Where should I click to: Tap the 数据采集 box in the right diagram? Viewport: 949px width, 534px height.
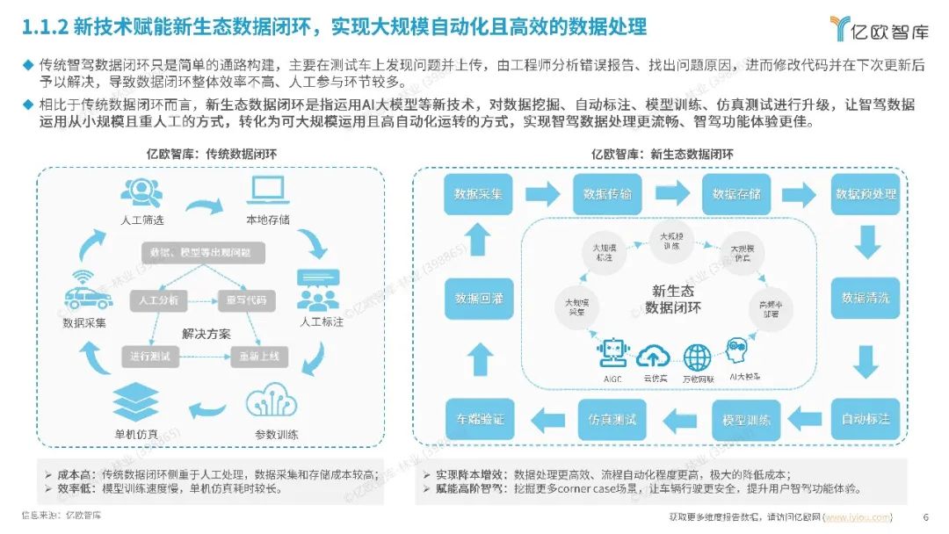[478, 193]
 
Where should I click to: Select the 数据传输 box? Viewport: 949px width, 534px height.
[607, 193]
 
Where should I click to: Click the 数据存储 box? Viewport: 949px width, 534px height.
[736, 193]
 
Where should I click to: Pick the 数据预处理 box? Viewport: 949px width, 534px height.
[866, 193]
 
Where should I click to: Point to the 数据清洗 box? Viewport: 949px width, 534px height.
[866, 298]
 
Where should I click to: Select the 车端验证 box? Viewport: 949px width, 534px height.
[480, 419]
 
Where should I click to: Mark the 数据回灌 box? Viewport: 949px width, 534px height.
[479, 298]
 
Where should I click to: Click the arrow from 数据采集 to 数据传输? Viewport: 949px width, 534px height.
[542, 192]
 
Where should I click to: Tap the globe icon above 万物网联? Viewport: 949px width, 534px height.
[698, 357]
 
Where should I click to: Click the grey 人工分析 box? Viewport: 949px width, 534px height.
[158, 300]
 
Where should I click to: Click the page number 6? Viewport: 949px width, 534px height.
[924, 516]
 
